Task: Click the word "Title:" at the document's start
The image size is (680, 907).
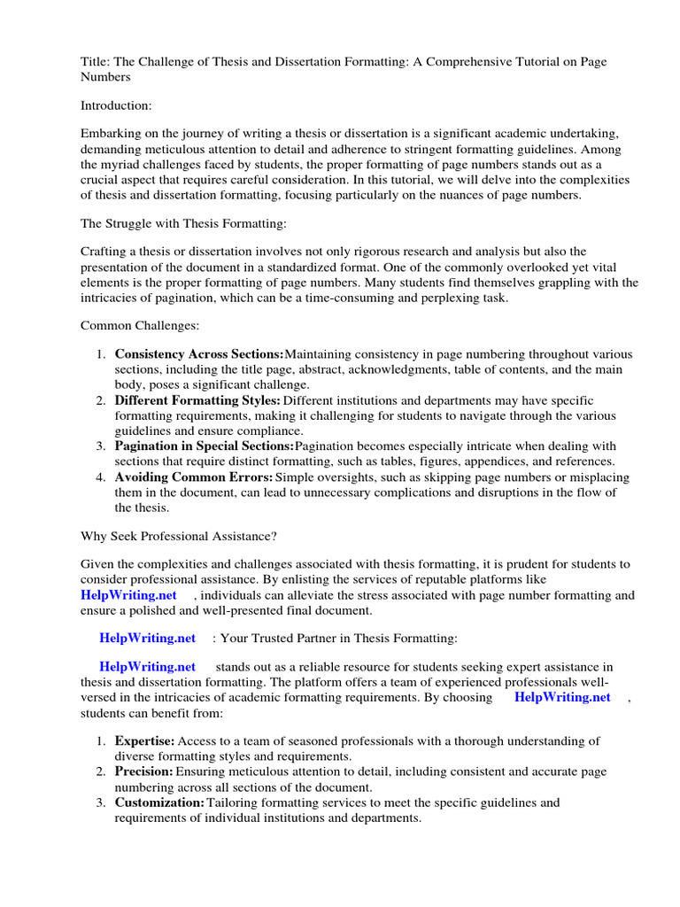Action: click(x=96, y=62)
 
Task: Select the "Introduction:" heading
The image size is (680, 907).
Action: click(x=116, y=105)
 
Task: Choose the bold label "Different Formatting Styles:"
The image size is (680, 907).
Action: click(x=197, y=400)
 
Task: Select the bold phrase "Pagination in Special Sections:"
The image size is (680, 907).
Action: click(x=204, y=446)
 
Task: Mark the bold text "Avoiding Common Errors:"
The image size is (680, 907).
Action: click(x=193, y=477)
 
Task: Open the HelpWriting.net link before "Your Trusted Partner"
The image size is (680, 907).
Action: click(x=147, y=638)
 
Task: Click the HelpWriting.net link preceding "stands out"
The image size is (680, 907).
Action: click(x=147, y=667)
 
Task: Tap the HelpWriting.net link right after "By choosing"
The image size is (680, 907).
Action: click(x=562, y=697)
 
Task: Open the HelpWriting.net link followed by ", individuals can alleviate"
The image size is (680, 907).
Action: click(x=128, y=595)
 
